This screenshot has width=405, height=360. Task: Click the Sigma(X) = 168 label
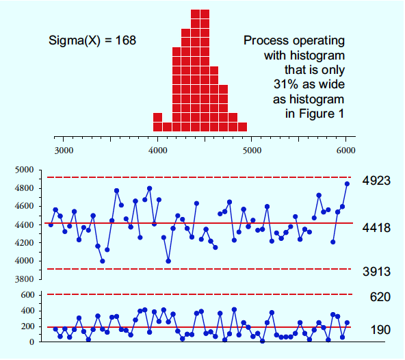(x=92, y=40)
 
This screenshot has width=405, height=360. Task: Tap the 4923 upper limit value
(x=376, y=181)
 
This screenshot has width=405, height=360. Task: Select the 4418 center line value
(x=376, y=228)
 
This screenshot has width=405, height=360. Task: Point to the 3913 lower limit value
(x=376, y=272)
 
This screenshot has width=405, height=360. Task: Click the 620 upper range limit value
(x=380, y=297)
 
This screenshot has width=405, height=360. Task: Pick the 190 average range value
(x=380, y=330)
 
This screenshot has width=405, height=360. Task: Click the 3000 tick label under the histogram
(x=64, y=151)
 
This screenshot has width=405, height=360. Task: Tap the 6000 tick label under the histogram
(x=346, y=151)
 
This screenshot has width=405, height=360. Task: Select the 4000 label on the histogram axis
(x=158, y=151)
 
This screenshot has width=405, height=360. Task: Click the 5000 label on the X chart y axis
(x=24, y=170)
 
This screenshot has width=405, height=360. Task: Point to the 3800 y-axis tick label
(x=24, y=279)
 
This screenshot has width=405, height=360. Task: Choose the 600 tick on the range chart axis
(x=27, y=295)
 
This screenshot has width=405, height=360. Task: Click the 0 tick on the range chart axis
(x=31, y=342)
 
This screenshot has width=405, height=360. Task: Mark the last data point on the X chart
(x=347, y=183)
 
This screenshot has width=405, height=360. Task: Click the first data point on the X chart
(x=51, y=225)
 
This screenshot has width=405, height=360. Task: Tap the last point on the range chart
(x=347, y=322)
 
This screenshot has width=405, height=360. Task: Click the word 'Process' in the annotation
(x=266, y=40)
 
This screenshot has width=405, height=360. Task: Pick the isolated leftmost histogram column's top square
(x=158, y=117)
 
